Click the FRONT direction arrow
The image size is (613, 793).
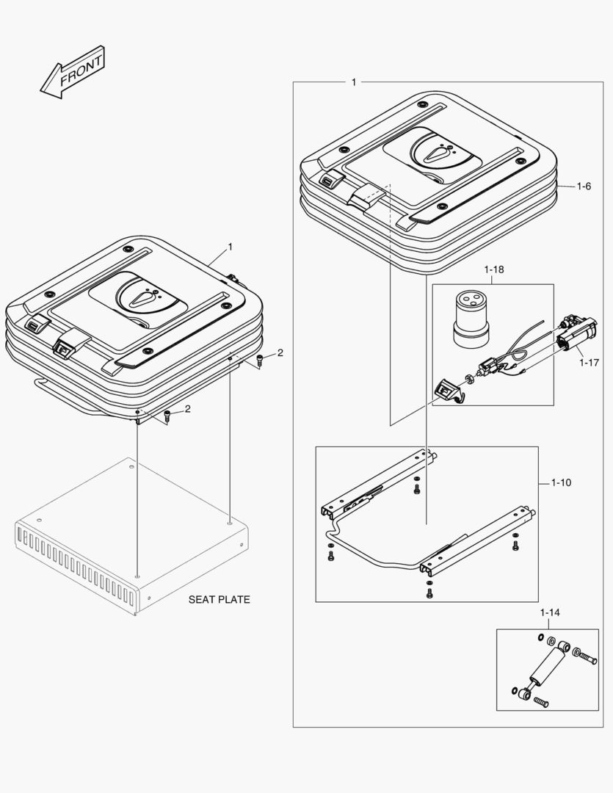tap(72, 74)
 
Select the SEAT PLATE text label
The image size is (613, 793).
tap(219, 600)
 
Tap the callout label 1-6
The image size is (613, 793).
tap(584, 187)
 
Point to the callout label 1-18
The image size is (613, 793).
tap(494, 269)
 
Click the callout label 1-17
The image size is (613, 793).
tap(590, 361)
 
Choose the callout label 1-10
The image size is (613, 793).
tap(562, 483)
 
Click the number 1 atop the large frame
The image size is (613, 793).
tap(354, 82)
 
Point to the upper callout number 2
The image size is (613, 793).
tap(280, 354)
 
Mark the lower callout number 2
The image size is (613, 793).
tap(187, 409)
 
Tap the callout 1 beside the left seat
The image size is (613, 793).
tap(230, 247)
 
